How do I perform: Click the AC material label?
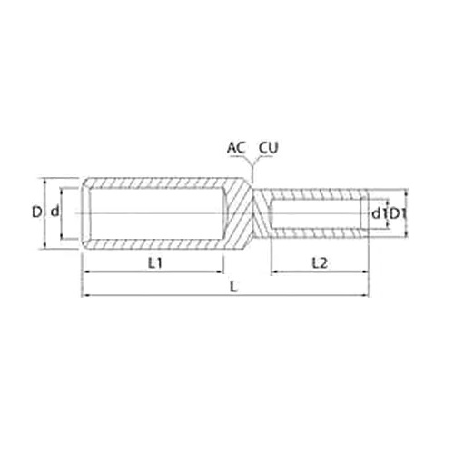[x=236, y=148]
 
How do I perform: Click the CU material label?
[x=268, y=148]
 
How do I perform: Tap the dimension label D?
[x=36, y=212]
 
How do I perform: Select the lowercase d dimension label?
[x=54, y=212]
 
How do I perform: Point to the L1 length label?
[x=155, y=263]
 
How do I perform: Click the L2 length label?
[x=320, y=263]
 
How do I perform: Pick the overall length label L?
[x=233, y=286]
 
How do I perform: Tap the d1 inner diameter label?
[x=378, y=213]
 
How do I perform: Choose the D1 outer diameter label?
[x=398, y=213]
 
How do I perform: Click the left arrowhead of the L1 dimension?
[x=85, y=272]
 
